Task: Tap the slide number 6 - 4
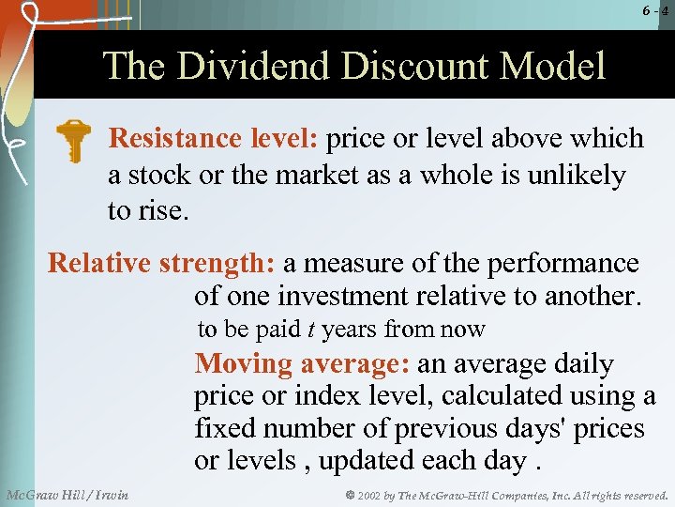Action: (654, 11)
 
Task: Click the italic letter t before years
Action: (310, 330)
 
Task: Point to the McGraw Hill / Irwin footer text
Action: (67, 494)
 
